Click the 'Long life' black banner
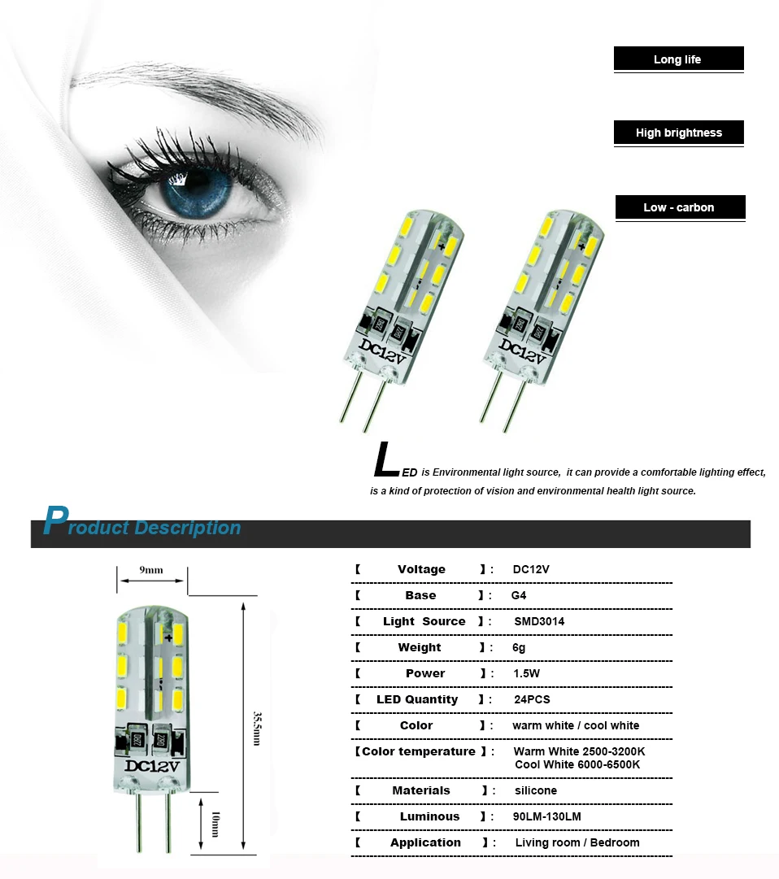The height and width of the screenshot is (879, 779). coord(678,59)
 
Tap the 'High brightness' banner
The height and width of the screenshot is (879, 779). coord(678,133)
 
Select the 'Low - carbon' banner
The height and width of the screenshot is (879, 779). coord(679,207)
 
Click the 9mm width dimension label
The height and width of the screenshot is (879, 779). coord(151,569)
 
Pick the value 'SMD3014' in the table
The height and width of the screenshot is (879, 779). coord(539,621)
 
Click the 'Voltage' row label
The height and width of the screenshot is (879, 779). coord(421,569)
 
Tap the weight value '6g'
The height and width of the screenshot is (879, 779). coord(520,647)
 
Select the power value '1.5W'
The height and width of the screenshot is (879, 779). coord(527,673)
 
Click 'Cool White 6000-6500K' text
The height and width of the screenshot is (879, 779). coord(577,764)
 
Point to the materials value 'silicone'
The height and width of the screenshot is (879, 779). coord(536,790)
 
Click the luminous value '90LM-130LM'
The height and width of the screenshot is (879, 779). coord(547,816)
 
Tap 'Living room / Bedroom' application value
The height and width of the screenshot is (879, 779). coord(577,842)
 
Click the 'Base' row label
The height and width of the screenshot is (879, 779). coord(420,595)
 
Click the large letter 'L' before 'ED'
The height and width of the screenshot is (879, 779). coord(385,460)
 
